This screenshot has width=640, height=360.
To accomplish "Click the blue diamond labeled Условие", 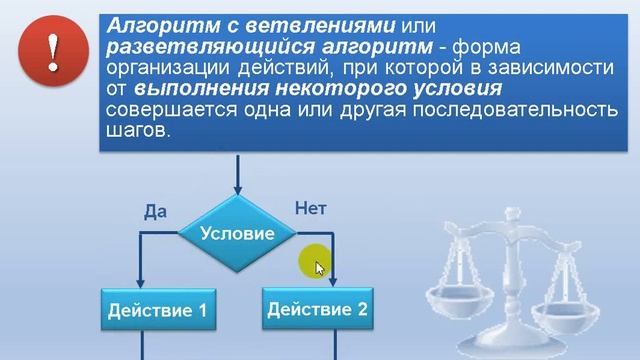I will pos(237,233).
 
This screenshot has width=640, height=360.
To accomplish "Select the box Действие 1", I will pos(157,311).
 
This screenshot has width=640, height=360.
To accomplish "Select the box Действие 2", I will pos(317,310).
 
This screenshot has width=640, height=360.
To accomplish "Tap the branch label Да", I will pos(154,212).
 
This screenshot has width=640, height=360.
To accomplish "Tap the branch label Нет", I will pos(310,208).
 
